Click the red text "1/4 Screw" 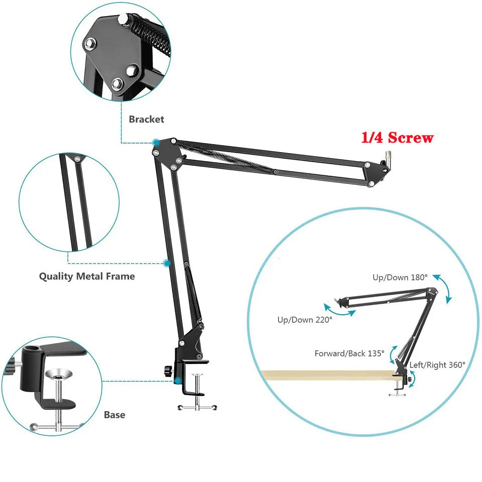pos(397,137)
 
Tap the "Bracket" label pos(146,119)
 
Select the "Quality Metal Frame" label pos(87,276)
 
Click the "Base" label pos(114,415)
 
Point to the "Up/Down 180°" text pos(400,277)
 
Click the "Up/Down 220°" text pos(304,320)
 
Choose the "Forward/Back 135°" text pos(349,353)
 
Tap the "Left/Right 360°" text pos(437,365)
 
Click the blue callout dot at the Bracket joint pos(156,143)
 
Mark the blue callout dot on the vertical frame pos(167,263)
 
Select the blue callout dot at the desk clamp pos(178,381)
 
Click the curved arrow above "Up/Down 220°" pos(339,309)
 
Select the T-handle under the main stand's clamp pos(197,407)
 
